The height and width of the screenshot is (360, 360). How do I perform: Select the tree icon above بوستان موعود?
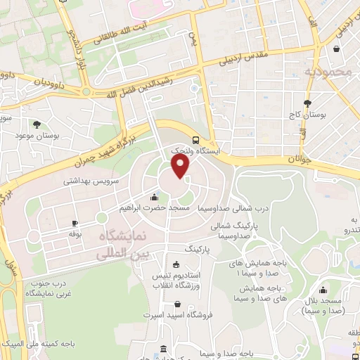coord(37,124)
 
